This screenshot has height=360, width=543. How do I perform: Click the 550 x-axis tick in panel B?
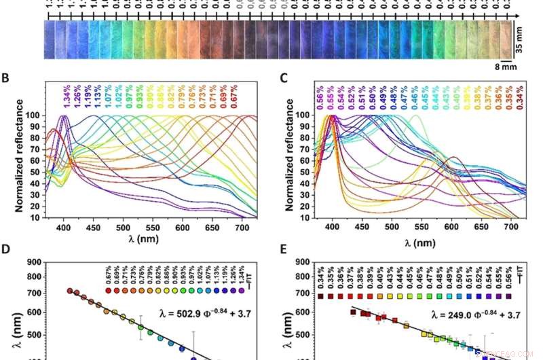pyautogui.click(x=153, y=226)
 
